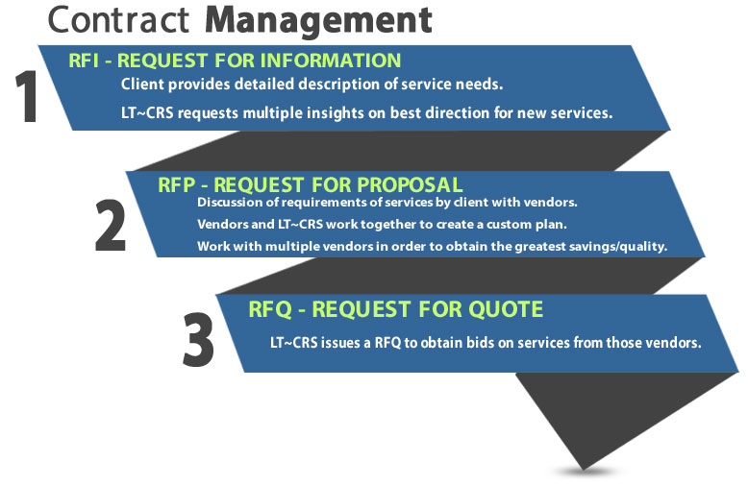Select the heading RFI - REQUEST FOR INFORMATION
coord(235,61)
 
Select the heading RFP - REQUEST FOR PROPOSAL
coord(310,183)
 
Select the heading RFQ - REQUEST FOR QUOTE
coord(395,309)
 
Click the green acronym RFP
coord(177,183)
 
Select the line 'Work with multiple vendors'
coord(432,246)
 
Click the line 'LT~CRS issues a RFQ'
coord(486,342)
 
